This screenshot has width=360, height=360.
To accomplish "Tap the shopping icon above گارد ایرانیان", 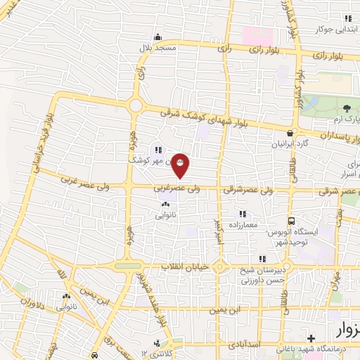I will tap(290, 132).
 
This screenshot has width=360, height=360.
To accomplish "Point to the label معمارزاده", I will tap(243, 224).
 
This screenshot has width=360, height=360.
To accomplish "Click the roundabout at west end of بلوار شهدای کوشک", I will tap(135, 105).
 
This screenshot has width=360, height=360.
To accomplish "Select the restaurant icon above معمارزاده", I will tap(243, 213).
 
